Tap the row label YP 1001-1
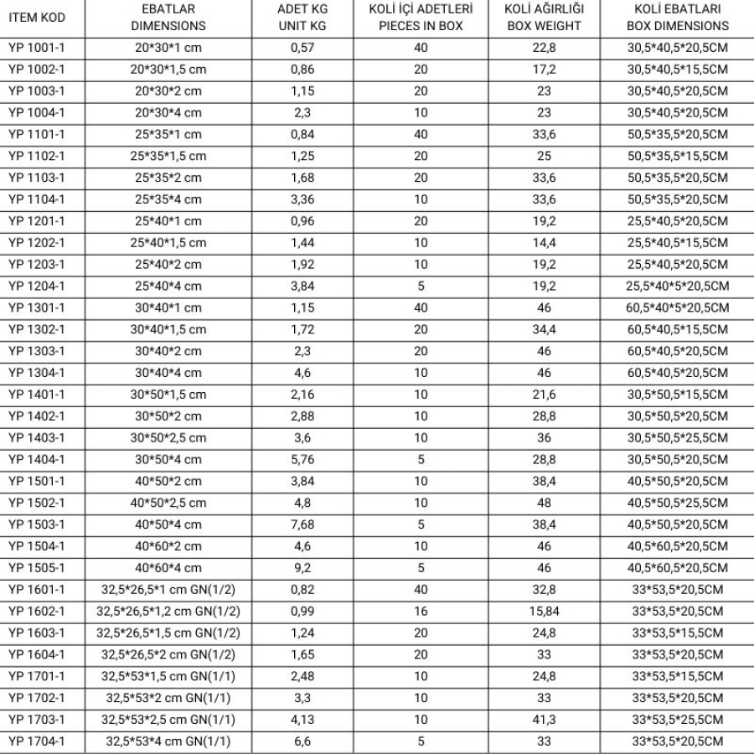pos(36,48)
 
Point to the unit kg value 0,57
pos(302,48)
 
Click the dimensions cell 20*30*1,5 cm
pos(168,70)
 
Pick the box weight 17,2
pos(544,70)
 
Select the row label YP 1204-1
pos(36,287)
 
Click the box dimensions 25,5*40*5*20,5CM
pos(677,287)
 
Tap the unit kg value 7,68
pos(302,524)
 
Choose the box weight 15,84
pos(544,612)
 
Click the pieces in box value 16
pos(420,612)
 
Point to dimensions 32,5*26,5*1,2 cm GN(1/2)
pos(168,612)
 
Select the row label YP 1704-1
pos(36,741)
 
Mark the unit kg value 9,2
pos(302,568)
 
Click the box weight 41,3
pos(544,720)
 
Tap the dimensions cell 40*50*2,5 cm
pos(168,503)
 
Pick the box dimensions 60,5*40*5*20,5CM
pos(677,308)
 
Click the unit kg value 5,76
pos(302,459)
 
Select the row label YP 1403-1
pos(36,437)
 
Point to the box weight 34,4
pos(544,330)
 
